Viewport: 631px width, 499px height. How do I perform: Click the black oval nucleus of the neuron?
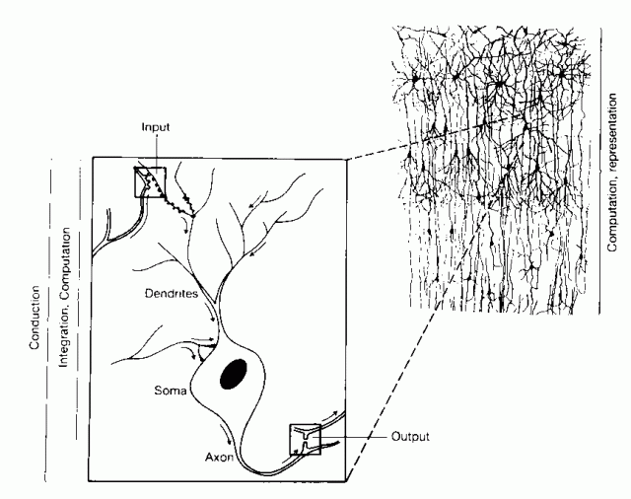(235, 377)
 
